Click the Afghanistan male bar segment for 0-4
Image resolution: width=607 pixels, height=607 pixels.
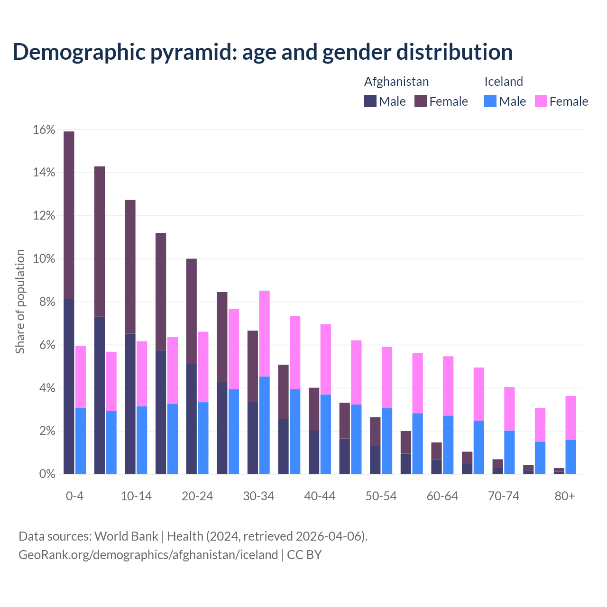69,386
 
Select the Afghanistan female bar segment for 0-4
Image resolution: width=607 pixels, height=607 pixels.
69,215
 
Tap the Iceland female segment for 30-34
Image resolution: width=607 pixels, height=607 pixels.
265,333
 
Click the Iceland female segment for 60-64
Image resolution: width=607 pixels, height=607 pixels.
448,386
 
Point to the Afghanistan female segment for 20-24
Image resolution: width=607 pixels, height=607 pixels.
191,311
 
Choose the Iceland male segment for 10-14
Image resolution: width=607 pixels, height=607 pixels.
142,440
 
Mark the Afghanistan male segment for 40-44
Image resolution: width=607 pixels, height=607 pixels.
314,452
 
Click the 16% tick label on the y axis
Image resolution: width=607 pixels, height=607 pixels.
44,130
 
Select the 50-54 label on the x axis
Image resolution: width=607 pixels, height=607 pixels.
381,496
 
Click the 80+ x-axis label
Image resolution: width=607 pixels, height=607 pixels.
565,496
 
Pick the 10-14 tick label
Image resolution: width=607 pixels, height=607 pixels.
136,496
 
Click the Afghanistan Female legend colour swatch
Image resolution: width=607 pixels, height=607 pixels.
421,101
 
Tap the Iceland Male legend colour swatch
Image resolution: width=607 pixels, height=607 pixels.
490,101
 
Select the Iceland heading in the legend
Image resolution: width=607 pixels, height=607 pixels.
503,82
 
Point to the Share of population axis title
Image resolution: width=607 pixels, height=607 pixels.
20,302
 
